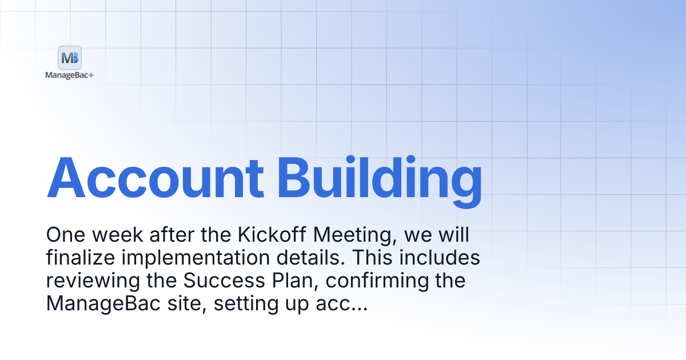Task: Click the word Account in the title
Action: coord(155,178)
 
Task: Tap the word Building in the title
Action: coord(380,182)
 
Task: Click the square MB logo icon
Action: coord(70,58)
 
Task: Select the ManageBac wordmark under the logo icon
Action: coord(67,75)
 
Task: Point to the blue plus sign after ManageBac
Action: coord(91,75)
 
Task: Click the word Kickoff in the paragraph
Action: coord(272,235)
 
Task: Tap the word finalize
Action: coord(81,257)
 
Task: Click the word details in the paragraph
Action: coord(311,257)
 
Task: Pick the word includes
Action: coord(440,257)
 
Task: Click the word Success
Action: coord(224,280)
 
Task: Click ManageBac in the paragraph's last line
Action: coord(103,304)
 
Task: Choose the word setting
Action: coord(246,304)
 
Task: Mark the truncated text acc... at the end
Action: coord(341,305)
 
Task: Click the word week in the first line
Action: coord(117,235)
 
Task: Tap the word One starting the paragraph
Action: coord(66,235)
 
